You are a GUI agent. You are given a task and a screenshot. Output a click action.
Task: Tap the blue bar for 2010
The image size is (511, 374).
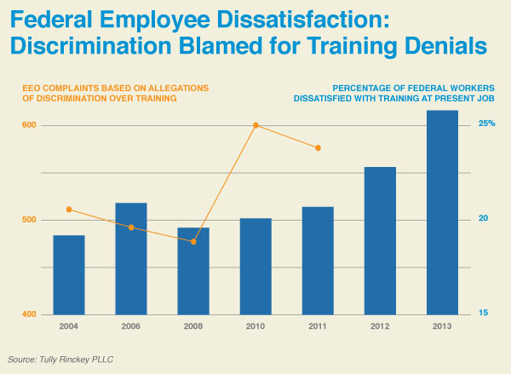pyautogui.click(x=255, y=266)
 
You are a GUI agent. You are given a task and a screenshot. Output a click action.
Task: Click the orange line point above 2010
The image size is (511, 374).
pyautogui.click(x=255, y=125)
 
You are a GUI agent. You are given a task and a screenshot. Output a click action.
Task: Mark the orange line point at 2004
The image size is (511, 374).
pyautogui.click(x=69, y=210)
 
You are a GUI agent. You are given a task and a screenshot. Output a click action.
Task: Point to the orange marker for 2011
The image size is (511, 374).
pyautogui.click(x=318, y=148)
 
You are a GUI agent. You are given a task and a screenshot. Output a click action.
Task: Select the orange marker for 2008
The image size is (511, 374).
pyautogui.click(x=193, y=242)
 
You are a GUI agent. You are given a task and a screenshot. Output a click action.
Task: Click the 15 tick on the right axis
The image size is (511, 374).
pyautogui.click(x=483, y=314)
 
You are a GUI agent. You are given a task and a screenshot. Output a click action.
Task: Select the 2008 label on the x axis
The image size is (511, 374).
pyautogui.click(x=193, y=326)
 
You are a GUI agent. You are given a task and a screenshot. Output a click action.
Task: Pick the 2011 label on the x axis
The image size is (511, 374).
pyautogui.click(x=318, y=326)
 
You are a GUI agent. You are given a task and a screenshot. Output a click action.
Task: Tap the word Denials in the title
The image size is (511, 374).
pyautogui.click(x=439, y=45)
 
